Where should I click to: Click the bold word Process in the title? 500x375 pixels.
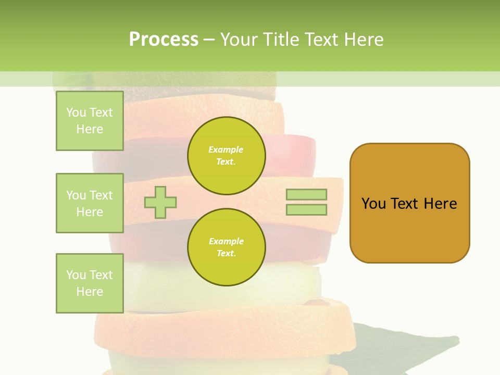(164, 40)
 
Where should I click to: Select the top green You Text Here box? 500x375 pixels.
(90, 121)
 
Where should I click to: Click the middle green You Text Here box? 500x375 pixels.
(90, 203)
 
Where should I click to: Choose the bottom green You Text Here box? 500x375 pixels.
(90, 283)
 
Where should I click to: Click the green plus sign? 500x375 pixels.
(160, 202)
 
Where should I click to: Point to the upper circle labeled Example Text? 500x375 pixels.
(226, 155)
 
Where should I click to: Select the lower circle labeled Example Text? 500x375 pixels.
(226, 247)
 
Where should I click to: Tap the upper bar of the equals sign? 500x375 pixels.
(306, 195)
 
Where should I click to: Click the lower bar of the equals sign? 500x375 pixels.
(306, 209)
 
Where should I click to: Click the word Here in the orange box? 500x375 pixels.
(440, 204)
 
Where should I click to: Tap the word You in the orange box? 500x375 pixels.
(373, 204)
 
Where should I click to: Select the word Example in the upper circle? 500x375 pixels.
(226, 149)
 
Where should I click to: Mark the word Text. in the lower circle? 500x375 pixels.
(226, 253)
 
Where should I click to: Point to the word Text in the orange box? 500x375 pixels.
(405, 204)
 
